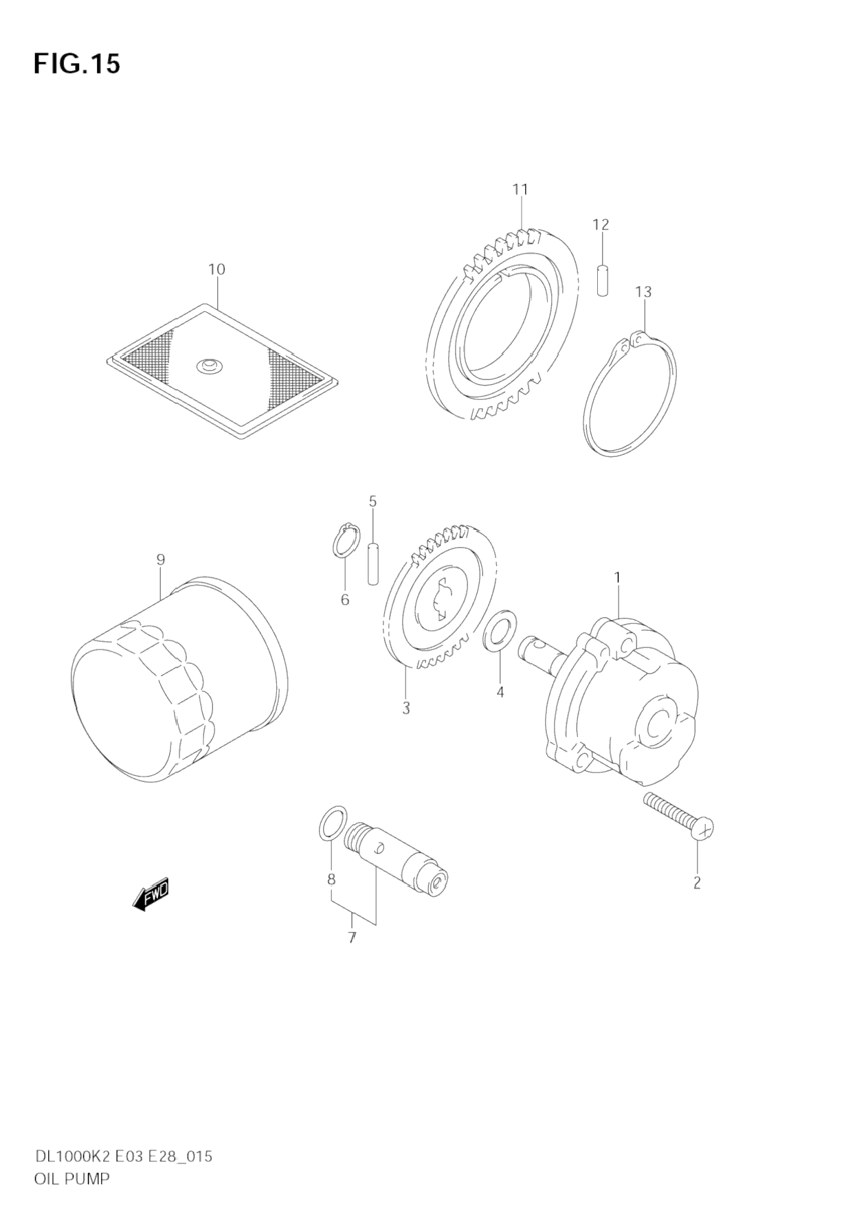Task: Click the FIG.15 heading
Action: click(x=76, y=63)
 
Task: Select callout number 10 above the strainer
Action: click(x=216, y=269)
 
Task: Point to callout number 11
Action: click(x=520, y=190)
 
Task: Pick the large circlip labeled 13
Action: click(x=630, y=394)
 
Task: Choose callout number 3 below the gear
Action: click(x=406, y=708)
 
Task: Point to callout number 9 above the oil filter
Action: click(x=160, y=560)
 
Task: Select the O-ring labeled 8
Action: click(x=331, y=822)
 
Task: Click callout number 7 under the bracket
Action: click(x=352, y=937)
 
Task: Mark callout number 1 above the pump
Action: click(x=617, y=578)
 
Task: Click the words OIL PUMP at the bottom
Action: click(x=71, y=1179)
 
